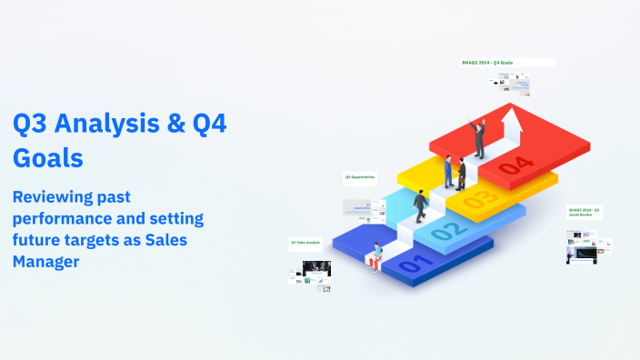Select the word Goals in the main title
pos(48,157)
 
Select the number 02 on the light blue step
pos(445,231)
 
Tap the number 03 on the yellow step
pos(481,197)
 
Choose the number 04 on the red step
pos(515,165)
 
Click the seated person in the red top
pos(375,257)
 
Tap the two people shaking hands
pos(455,172)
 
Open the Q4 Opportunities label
pos(359,176)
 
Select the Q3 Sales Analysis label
pos(306,242)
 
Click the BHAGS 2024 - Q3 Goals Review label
pos(584,214)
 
